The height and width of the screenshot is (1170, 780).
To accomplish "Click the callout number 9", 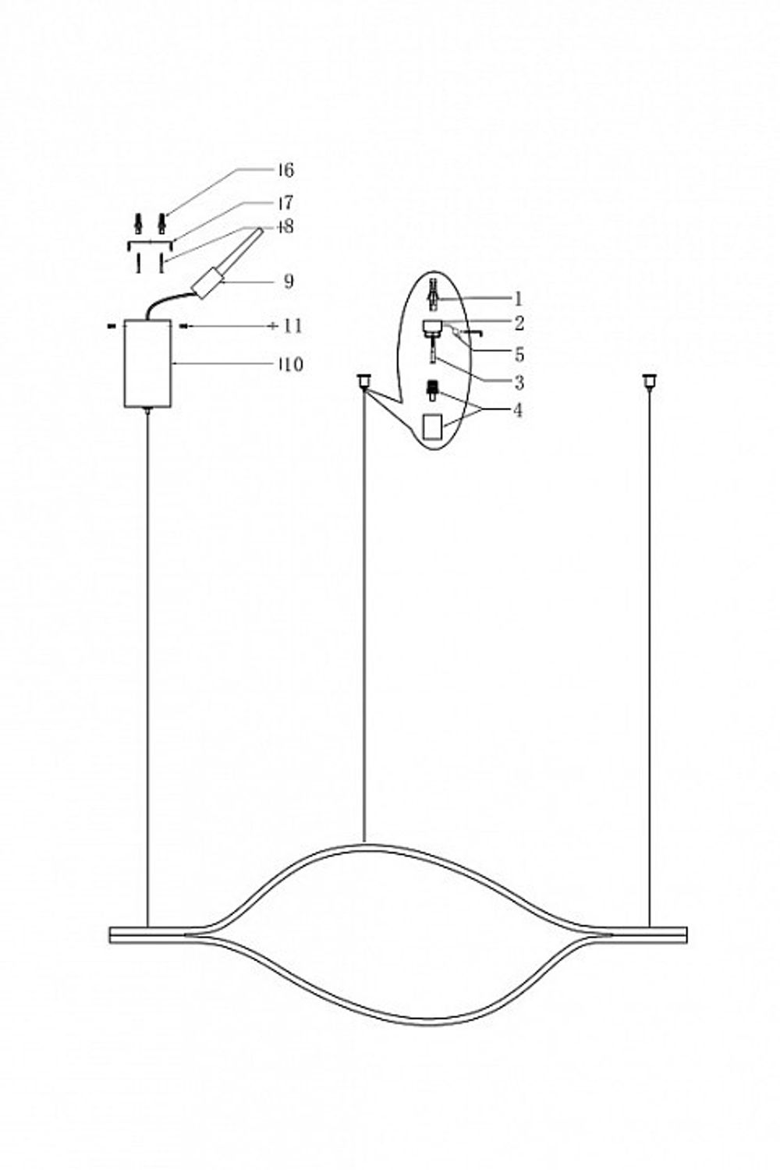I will point(289,282).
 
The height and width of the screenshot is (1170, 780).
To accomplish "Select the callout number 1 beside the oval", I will point(518,299).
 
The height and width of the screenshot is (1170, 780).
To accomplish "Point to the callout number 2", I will point(519,323).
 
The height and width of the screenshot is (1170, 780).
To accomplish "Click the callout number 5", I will point(519,355).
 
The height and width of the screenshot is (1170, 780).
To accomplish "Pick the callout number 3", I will point(519,383).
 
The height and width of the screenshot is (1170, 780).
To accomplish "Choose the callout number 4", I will point(518,410).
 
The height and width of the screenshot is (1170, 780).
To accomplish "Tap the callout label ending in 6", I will point(285,170).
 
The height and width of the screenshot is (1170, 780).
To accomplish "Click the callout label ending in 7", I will point(285,204).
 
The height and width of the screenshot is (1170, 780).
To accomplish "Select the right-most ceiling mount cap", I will point(647,381).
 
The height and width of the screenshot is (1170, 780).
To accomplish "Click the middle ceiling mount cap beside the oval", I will point(363,381).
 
